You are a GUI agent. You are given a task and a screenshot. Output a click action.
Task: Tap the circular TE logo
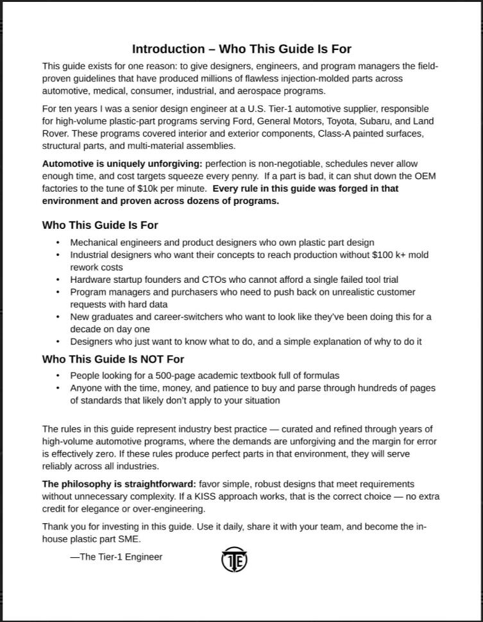234,560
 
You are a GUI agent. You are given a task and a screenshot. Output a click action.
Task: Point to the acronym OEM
427,176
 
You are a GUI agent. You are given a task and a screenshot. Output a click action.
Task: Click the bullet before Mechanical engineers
58,243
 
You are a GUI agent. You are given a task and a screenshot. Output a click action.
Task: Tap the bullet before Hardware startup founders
58,280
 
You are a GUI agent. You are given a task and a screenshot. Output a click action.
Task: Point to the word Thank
55,526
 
